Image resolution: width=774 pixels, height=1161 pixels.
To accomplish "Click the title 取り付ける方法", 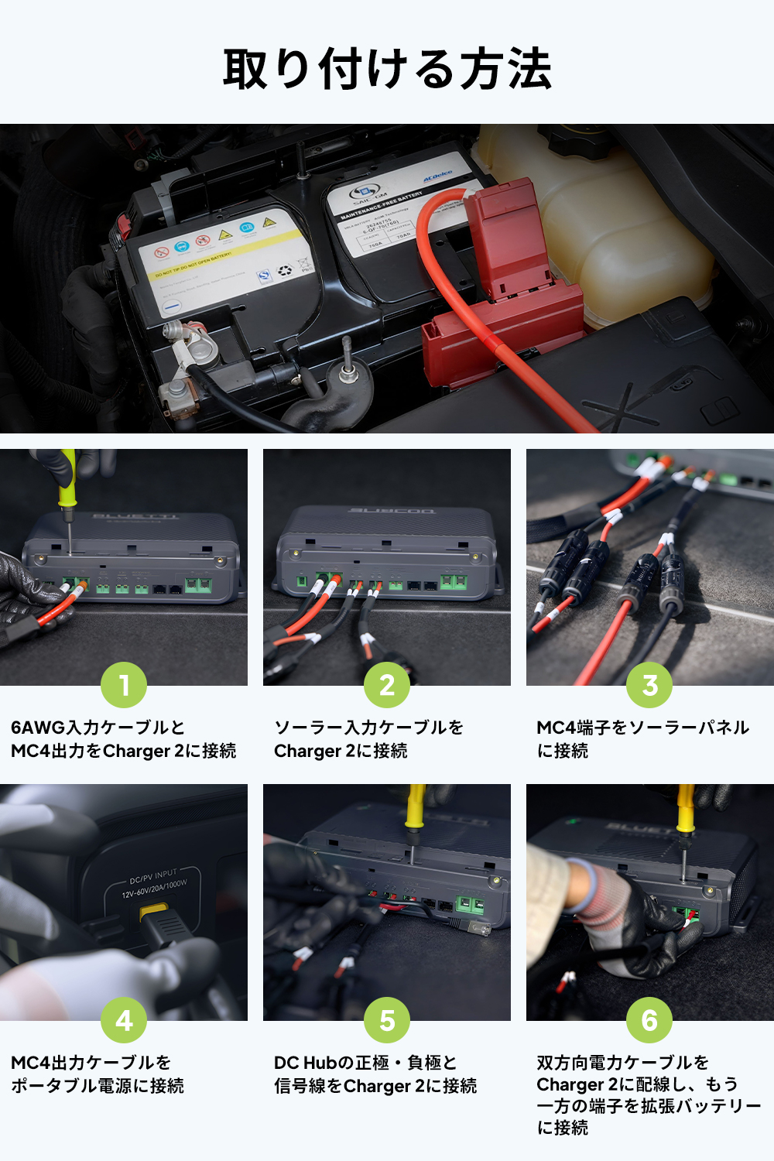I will [x=387, y=69].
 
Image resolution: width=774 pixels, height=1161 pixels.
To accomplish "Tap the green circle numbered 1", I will [x=124, y=685].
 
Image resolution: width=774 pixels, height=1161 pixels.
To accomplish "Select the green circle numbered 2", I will [x=387, y=685].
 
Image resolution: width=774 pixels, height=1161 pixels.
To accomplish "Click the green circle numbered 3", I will [x=649, y=685].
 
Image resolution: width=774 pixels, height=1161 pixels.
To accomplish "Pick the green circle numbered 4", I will [x=124, y=1020].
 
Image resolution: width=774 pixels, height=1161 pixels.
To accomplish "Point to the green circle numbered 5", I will [x=387, y=1020].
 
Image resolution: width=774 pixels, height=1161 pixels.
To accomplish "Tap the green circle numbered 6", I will [x=649, y=1020].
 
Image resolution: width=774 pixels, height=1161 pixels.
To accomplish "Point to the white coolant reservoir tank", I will [x=619, y=232].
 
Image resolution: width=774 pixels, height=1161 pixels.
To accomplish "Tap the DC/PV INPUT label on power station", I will [x=153, y=877].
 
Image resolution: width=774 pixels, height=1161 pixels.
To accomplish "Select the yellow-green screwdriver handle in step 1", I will [x=68, y=480].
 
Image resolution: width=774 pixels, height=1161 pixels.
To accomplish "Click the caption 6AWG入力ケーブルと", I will [x=98, y=728].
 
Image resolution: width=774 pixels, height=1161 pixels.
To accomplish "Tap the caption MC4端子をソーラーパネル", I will [x=642, y=728].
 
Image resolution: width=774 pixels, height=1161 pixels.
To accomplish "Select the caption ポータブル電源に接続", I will [x=98, y=1086].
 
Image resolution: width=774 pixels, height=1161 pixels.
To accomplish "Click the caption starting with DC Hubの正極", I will [x=365, y=1063].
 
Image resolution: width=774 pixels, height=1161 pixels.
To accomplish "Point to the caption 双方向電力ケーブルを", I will [x=623, y=1062].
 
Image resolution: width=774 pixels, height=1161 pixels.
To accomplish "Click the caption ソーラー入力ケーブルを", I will [x=368, y=728].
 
